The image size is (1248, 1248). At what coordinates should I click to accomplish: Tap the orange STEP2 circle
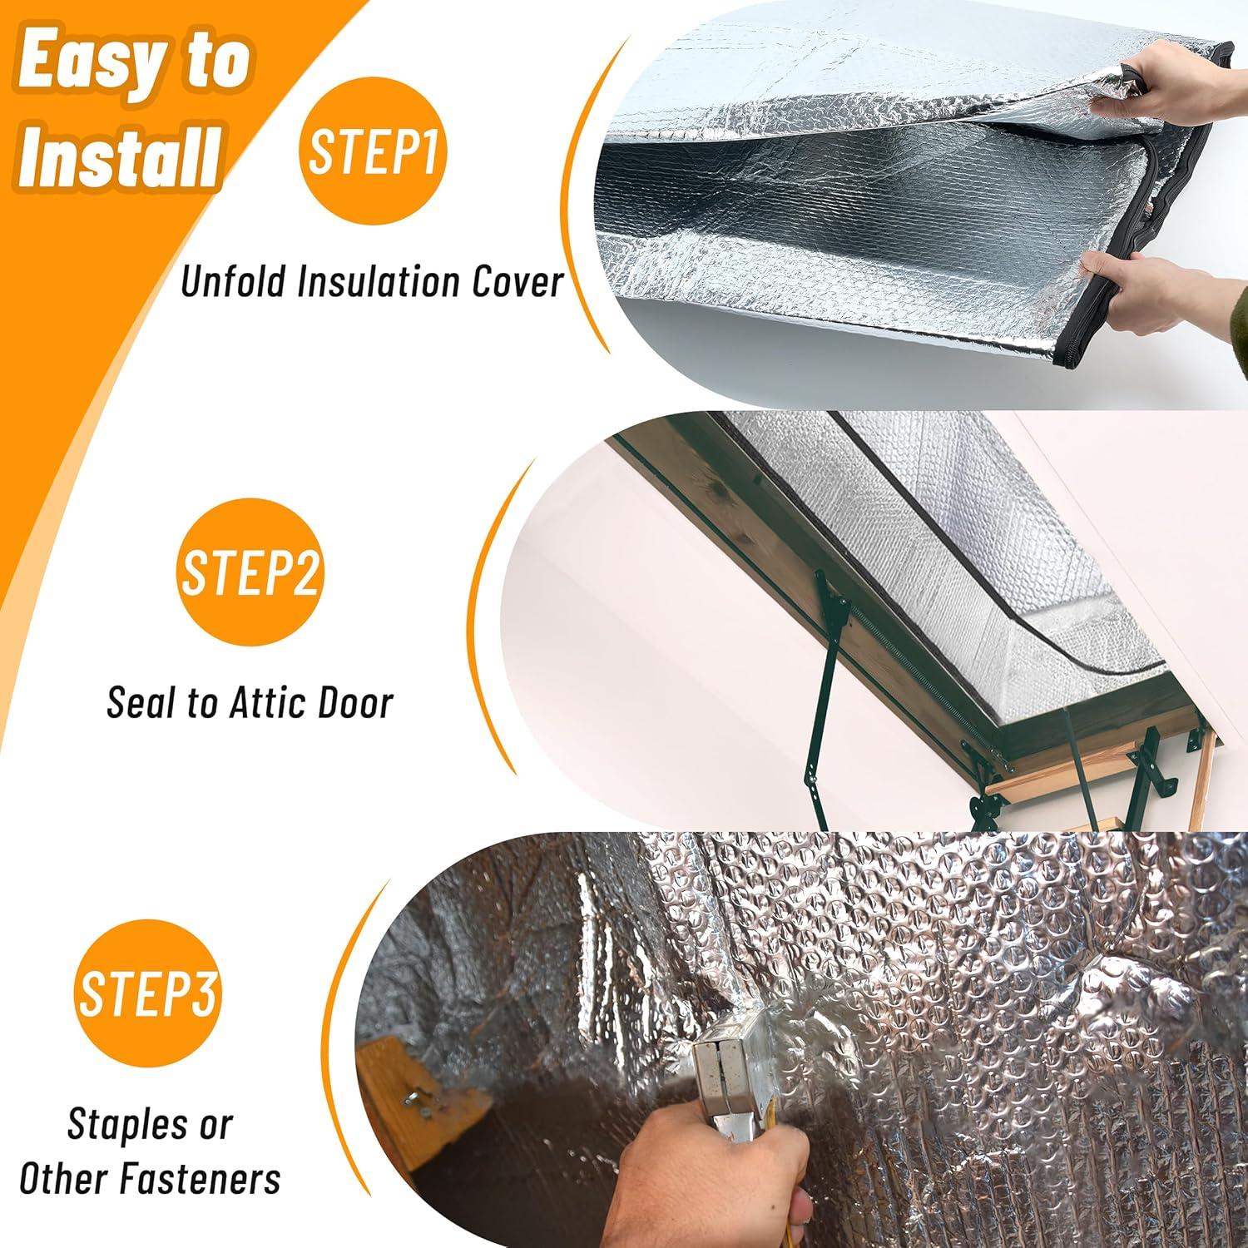pos(250,572)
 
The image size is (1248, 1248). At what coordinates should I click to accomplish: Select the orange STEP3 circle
pos(147,992)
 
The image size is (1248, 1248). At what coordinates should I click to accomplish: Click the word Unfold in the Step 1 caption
pos(234,281)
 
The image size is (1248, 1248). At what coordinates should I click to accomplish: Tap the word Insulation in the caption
pos(383,281)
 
